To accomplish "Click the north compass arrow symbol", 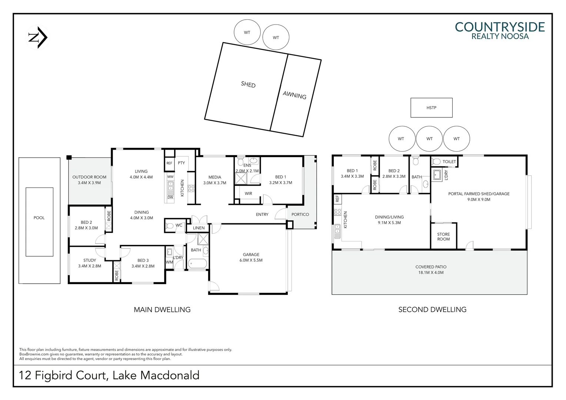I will [x=38, y=37].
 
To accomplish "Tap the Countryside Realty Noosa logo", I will [x=499, y=30].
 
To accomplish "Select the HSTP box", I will [x=431, y=108].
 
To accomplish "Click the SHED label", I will [x=248, y=84].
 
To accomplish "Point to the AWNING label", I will [x=294, y=95].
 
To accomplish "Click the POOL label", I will [x=39, y=218].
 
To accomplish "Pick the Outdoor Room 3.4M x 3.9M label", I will [x=89, y=180].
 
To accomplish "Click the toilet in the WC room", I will [x=170, y=226].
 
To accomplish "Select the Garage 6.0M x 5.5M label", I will [x=251, y=257].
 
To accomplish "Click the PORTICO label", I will [x=300, y=214].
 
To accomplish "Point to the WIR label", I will [x=248, y=193].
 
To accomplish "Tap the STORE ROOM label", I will [x=443, y=237].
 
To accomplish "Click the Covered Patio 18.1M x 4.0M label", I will [x=431, y=270].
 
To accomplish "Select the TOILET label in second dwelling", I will [x=449, y=162].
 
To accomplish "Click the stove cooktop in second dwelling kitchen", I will [x=337, y=212].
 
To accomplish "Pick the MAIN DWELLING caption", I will [x=162, y=310].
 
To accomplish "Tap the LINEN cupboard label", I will [x=199, y=228].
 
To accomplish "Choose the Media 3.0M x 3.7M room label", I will [x=214, y=180].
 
